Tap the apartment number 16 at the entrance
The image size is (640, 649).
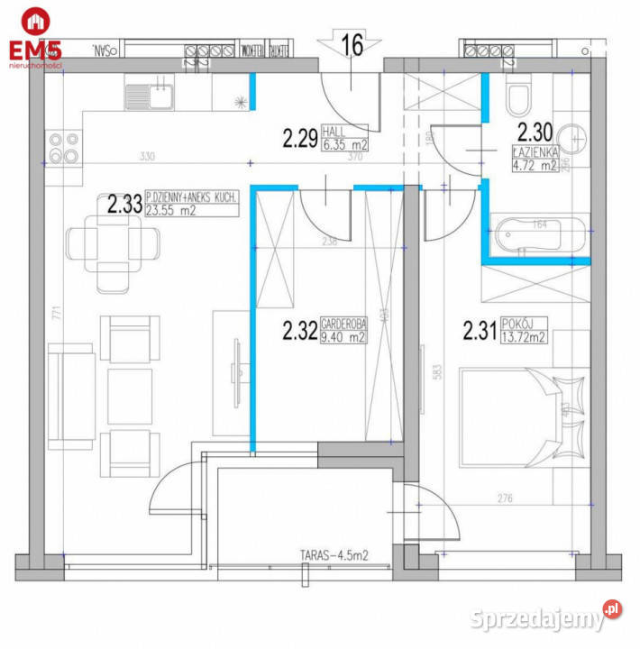click(x=352, y=46)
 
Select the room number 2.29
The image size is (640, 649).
click(x=299, y=139)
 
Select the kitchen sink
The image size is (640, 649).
click(x=150, y=93)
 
